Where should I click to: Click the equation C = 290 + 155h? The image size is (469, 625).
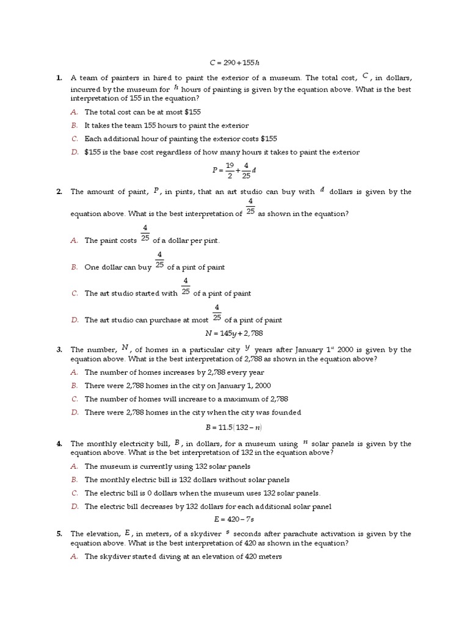[234, 62]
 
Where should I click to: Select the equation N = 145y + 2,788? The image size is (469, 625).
[234, 334]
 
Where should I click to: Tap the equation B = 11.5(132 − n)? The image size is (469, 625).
[234, 428]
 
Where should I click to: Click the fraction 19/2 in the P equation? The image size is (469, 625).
[230, 169]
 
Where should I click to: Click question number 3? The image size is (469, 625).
[59, 350]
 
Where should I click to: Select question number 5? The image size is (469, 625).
[59, 534]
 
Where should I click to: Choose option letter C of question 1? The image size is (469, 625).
[74, 139]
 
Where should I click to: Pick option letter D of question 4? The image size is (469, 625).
[74, 506]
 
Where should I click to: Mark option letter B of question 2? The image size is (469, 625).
[74, 267]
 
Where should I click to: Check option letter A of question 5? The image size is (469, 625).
[74, 557]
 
